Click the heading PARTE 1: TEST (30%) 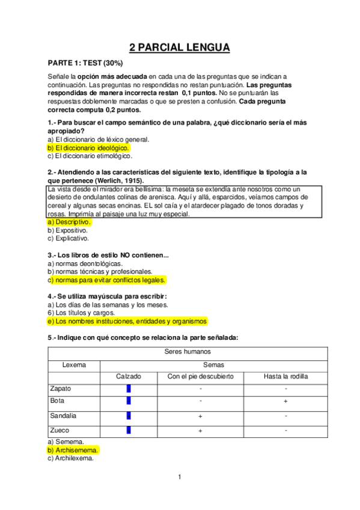pyautogui.click(x=85, y=63)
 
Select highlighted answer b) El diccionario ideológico pyautogui.click(x=88, y=147)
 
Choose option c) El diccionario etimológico pyautogui.click(x=90, y=156)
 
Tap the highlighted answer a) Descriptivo pyautogui.click(x=69, y=221)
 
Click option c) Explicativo pyautogui.click(x=67, y=238)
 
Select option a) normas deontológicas pyautogui.click(x=85, y=263)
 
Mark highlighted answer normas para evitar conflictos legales pyautogui.click(x=106, y=280)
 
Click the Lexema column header pyautogui.click(x=74, y=365)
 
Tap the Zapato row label pyautogui.click(x=61, y=389)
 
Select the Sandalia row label pyautogui.click(x=64, y=416)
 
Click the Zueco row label pyautogui.click(x=60, y=430)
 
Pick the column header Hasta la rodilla pyautogui.click(x=285, y=377)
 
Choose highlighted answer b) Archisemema pyautogui.click(x=73, y=449)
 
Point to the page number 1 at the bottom pyautogui.click(x=179, y=478)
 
